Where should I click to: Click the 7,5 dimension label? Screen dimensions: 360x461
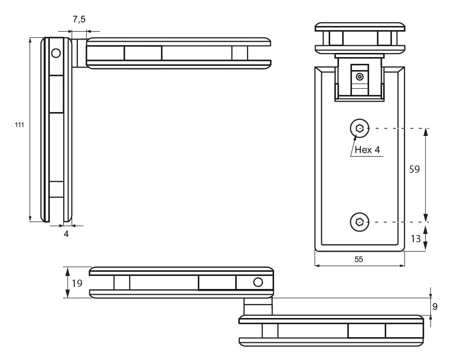pos(79,19)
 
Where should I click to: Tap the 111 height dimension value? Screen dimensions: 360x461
pos(20,126)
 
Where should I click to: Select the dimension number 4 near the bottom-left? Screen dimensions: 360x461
pos(66,234)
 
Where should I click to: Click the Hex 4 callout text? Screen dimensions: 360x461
pos(368,149)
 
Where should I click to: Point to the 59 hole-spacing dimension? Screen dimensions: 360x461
pos(413,170)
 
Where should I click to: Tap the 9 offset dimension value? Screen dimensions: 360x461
pos(435,307)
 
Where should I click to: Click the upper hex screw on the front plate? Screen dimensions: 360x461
pos(359,128)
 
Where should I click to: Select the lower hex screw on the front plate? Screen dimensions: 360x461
pos(359,222)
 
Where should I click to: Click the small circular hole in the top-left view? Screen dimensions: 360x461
pos(56,52)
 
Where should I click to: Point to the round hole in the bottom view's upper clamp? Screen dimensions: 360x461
pos(258,282)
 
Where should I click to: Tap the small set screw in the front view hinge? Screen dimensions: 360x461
pos(359,77)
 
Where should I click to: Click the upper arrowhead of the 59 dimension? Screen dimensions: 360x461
pos(426,132)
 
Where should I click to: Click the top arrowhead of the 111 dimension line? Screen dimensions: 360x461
pos(30,41)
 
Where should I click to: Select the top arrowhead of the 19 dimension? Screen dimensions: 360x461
pos(66,270)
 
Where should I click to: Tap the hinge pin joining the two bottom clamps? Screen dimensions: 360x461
pos(258,306)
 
